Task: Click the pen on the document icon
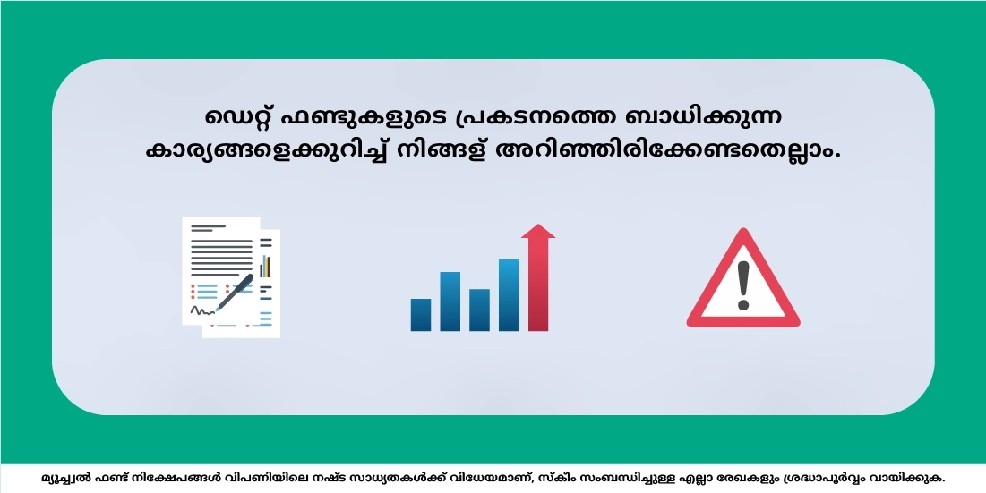click(235, 293)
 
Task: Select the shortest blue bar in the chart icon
click(421, 315)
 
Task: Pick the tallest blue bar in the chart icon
click(509, 294)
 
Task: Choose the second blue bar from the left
click(450, 301)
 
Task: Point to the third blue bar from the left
click(479, 310)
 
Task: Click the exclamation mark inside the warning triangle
click(742, 284)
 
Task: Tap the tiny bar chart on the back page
click(265, 266)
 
